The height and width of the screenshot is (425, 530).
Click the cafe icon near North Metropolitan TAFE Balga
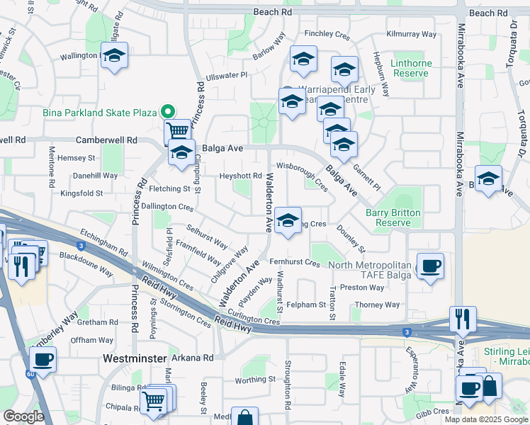point(430,266)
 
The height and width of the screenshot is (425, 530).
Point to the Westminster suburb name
point(135,358)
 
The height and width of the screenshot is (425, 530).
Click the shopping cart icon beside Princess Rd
point(177,131)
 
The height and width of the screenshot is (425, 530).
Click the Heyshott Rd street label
point(241,176)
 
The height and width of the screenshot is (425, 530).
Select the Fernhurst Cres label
point(295,263)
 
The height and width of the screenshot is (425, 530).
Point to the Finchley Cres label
point(328,33)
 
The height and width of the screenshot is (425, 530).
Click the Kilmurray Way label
point(412,34)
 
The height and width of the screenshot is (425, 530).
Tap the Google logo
point(23,416)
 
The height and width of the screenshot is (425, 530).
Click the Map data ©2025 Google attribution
point(485,419)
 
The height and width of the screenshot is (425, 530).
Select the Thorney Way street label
point(377,305)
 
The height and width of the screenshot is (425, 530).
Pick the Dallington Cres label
point(167,207)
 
